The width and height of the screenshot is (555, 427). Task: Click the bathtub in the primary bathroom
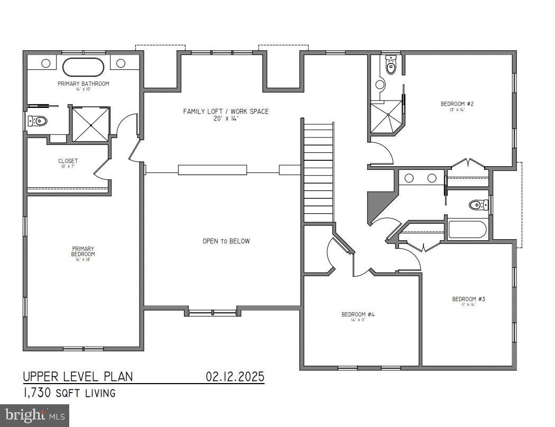(x=84, y=67)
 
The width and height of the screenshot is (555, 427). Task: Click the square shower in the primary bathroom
(x=91, y=124)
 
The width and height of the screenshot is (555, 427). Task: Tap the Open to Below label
(x=226, y=241)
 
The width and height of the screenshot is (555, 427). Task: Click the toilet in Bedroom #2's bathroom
(x=391, y=65)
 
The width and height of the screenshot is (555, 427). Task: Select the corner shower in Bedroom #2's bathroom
(x=386, y=117)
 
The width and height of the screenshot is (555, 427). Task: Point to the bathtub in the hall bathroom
(x=467, y=230)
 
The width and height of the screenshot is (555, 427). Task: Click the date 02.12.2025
(x=235, y=377)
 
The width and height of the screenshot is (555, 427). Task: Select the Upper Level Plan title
(x=78, y=377)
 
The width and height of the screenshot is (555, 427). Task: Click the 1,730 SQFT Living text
(x=69, y=393)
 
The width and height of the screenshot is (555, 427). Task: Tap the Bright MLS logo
(x=34, y=415)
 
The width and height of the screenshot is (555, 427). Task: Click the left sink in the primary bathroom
(x=46, y=63)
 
